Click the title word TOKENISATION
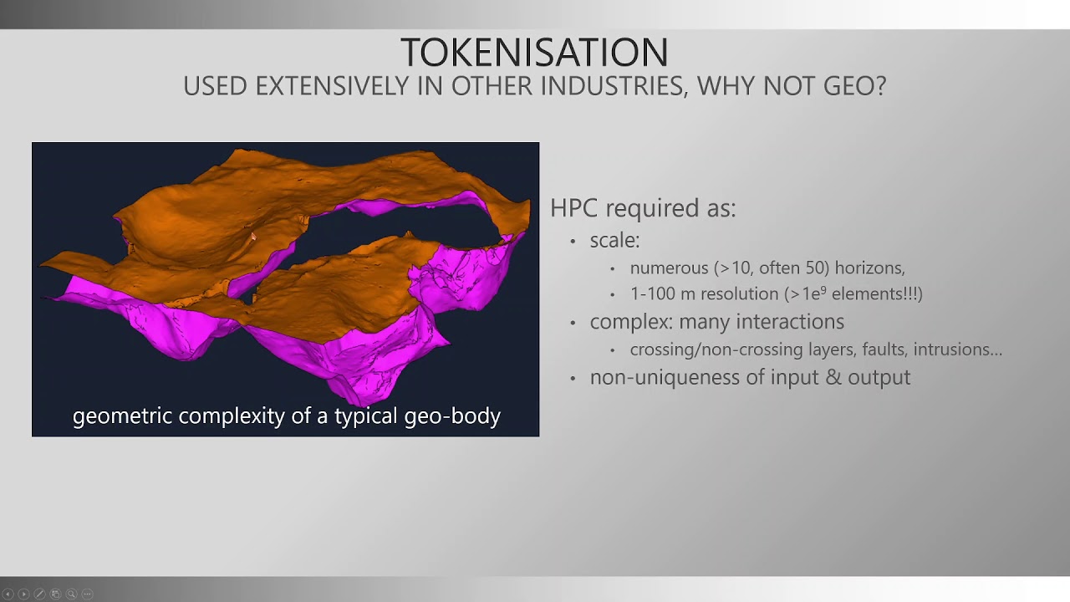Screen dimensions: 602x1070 point(534,53)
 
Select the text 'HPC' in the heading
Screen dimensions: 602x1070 point(574,208)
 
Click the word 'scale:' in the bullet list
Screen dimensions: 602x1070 point(614,240)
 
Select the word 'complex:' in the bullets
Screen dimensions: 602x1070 point(631,322)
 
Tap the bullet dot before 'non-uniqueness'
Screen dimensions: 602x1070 point(573,379)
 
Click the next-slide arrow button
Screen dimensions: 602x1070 point(23,594)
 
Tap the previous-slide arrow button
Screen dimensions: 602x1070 point(8,594)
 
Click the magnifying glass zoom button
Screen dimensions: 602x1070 point(71,594)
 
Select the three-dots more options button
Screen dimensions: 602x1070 point(87,594)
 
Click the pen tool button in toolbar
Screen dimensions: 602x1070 point(39,594)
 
